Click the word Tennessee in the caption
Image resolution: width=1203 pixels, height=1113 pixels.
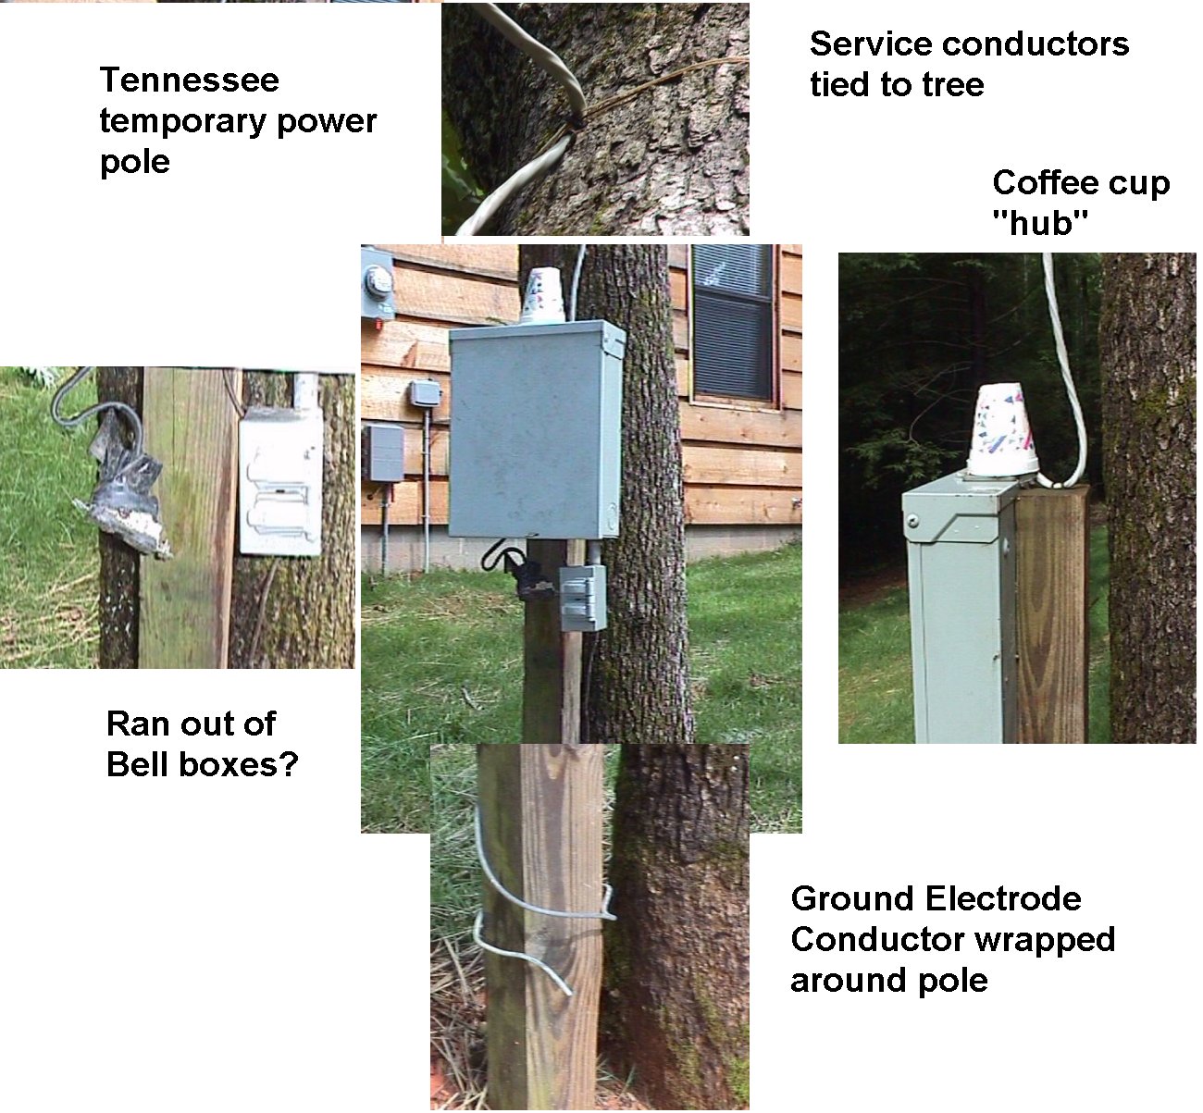click(189, 80)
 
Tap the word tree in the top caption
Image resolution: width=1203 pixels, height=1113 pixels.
click(952, 85)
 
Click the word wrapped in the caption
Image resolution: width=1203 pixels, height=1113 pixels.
click(1037, 939)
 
